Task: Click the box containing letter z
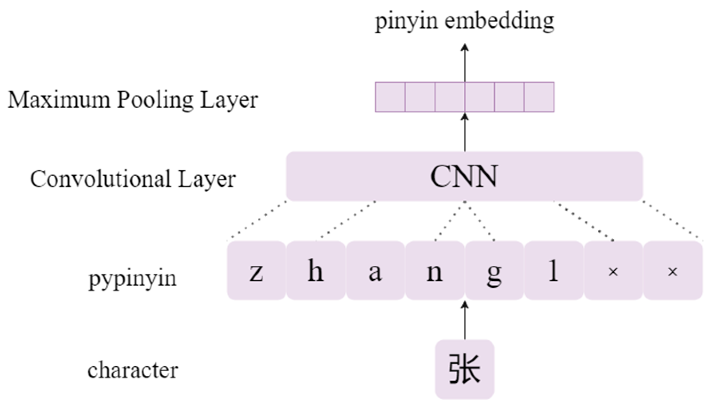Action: point(256,271)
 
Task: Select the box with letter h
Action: point(316,271)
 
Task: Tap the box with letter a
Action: point(375,271)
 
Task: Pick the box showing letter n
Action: point(435,271)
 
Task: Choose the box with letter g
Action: point(494,271)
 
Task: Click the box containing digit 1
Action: point(554,271)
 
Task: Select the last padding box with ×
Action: point(672,271)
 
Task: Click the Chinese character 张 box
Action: point(464,369)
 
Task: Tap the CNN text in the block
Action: point(464,177)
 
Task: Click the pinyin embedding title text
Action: point(464,21)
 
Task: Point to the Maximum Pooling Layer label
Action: point(133,100)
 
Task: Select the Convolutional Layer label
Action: point(133,179)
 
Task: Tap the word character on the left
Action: point(132,370)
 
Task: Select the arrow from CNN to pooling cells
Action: point(465,133)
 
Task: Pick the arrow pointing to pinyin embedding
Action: point(465,62)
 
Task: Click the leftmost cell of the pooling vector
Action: point(390,97)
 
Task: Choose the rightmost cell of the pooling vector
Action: point(539,97)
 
